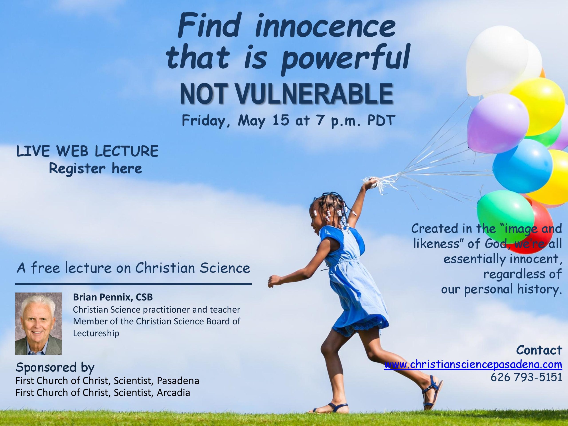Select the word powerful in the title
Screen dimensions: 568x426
(345, 59)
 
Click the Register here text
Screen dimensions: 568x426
(95, 169)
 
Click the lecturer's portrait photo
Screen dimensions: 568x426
(39, 323)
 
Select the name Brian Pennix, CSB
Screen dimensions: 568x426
(113, 297)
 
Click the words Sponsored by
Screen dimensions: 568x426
(55, 367)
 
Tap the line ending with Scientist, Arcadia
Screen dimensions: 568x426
(103, 393)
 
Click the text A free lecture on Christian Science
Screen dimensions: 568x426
(133, 268)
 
